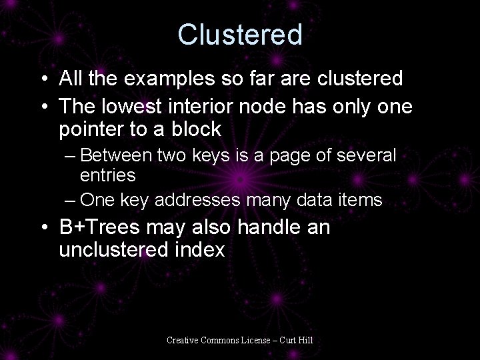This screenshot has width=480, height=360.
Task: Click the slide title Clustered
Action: [240, 35]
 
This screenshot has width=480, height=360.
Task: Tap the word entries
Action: [108, 175]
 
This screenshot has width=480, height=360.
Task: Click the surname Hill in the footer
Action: [304, 341]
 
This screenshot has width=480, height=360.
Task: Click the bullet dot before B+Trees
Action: [44, 228]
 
